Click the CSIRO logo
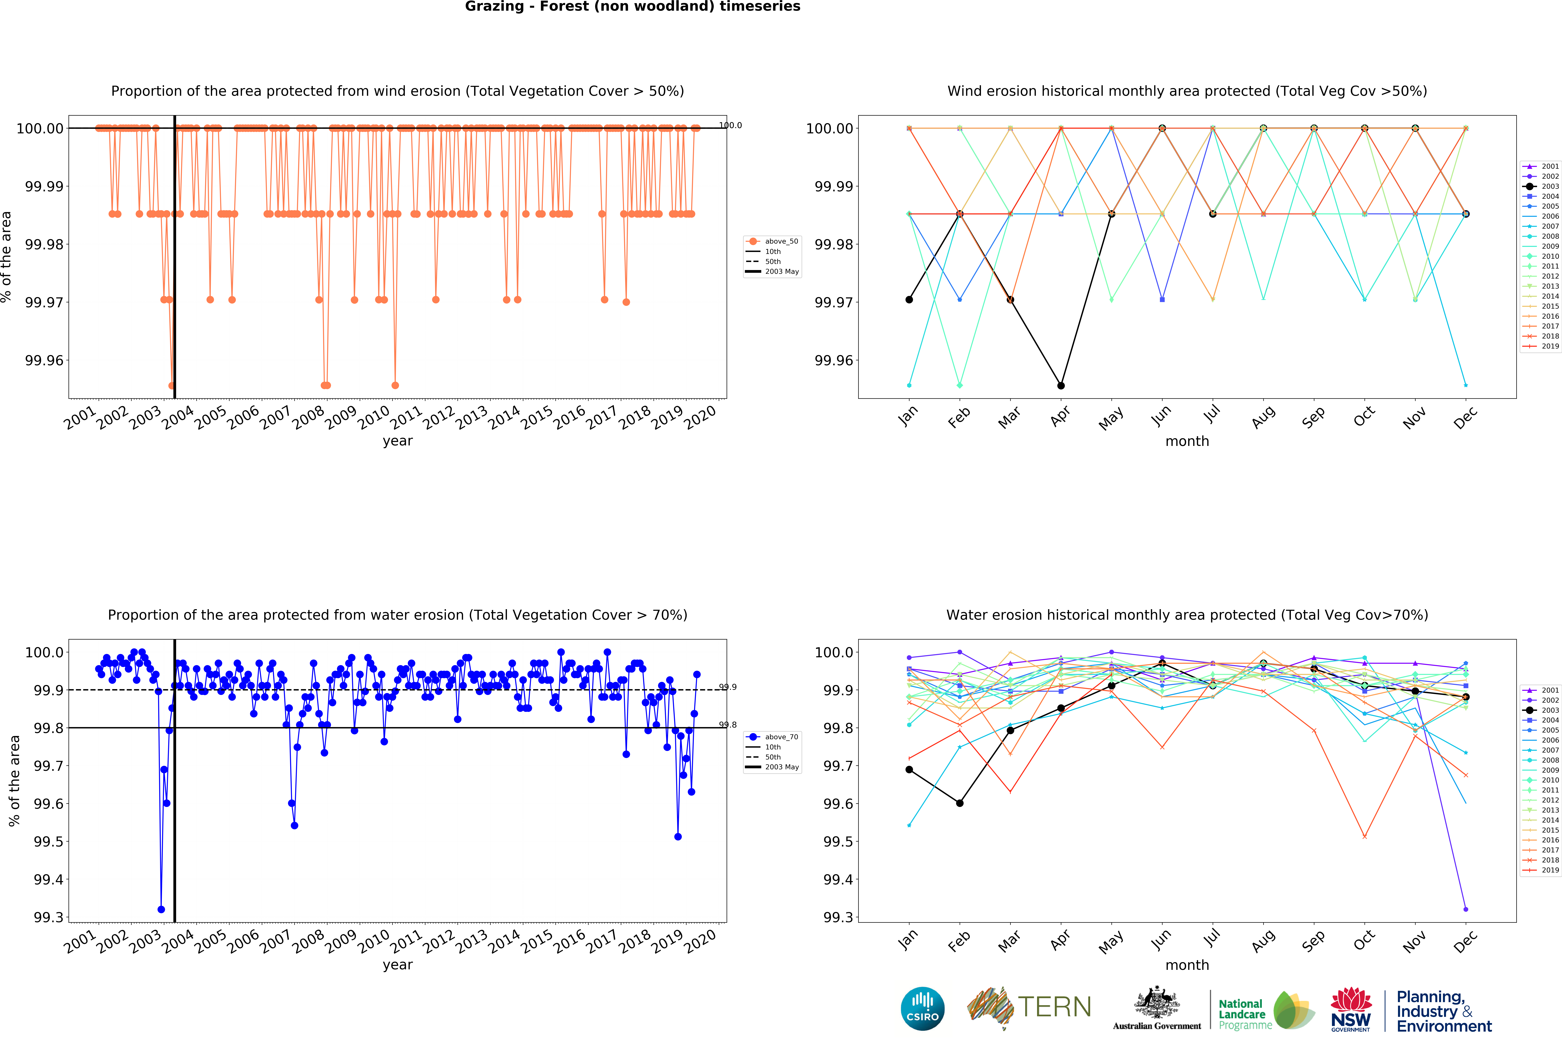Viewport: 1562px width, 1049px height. pyautogui.click(x=922, y=1008)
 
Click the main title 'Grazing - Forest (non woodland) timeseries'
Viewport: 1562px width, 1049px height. pyautogui.click(x=632, y=7)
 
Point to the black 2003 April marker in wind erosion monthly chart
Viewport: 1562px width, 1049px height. pyautogui.click(x=1061, y=385)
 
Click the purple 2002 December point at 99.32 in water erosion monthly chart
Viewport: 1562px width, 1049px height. pyautogui.click(x=1466, y=909)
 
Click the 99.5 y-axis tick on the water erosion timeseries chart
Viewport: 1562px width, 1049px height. pyautogui.click(x=48, y=842)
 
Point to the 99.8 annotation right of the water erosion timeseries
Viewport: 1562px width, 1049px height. pyautogui.click(x=727, y=724)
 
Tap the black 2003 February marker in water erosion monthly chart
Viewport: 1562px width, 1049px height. pyautogui.click(x=960, y=803)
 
